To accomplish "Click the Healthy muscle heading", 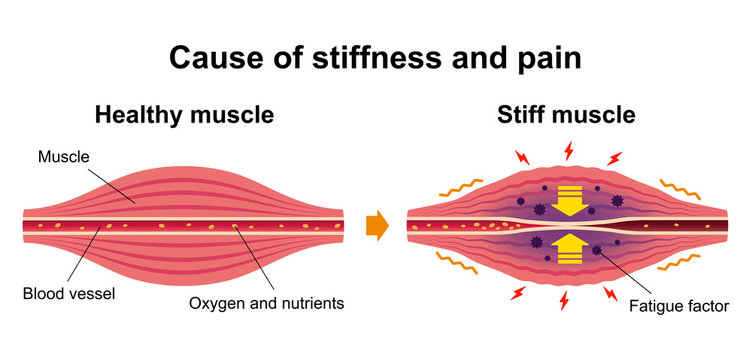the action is coord(184,115).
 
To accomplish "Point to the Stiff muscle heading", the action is coord(566,115).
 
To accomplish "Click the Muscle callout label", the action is coord(63,156).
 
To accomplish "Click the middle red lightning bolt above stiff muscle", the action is coord(569,151).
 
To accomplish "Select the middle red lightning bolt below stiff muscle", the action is coord(567,299).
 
